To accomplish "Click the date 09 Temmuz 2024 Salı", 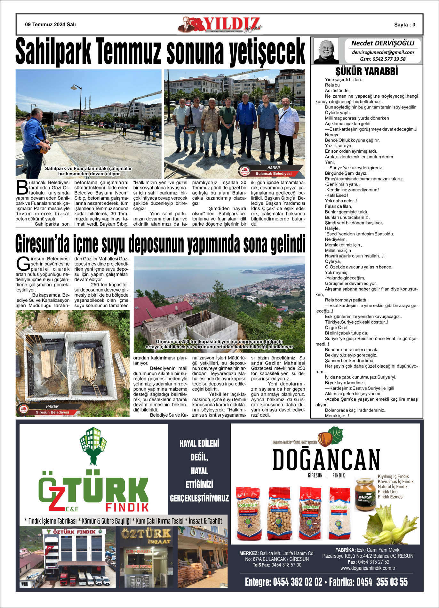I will [50, 25].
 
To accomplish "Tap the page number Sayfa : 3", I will [404, 25].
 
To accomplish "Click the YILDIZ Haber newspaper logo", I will [220, 25].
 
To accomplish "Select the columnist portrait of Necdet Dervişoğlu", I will [326, 51].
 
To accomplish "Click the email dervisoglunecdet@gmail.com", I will [383, 52].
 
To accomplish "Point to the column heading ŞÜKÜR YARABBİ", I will [366, 71].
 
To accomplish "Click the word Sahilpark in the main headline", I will [53, 51].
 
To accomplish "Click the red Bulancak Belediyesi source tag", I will [273, 173].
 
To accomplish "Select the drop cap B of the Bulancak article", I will [22, 187].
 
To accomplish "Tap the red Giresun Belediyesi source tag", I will [52, 412].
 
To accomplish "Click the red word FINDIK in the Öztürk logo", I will [127, 507].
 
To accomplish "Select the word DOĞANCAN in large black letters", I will [326, 460].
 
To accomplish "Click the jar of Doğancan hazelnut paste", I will [365, 494].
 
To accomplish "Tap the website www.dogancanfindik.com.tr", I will [368, 568].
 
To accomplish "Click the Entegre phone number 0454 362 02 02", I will [297, 582].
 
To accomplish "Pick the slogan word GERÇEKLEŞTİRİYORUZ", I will [199, 498].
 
